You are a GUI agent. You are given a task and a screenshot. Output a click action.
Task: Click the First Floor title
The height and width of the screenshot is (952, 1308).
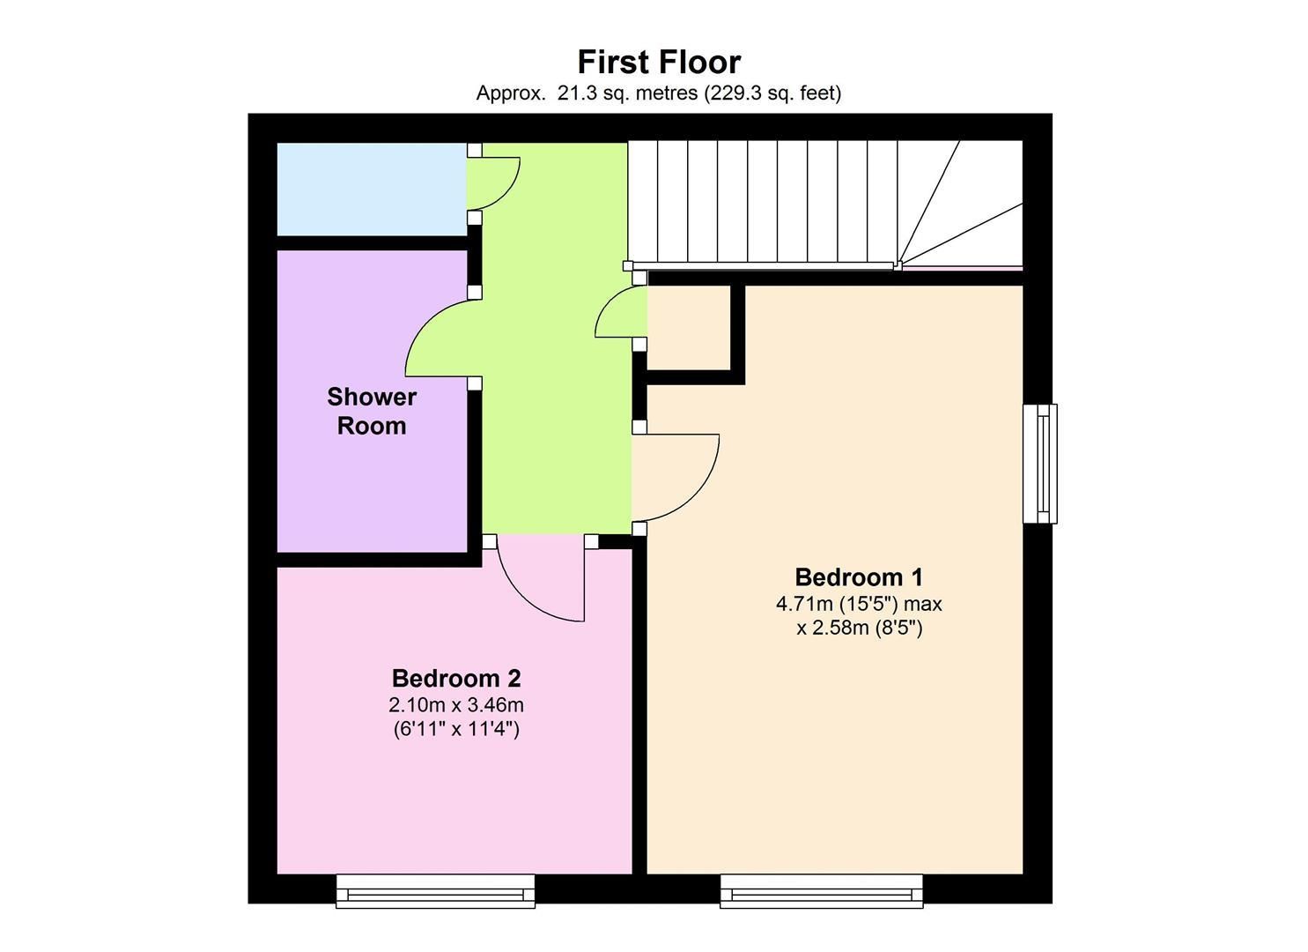658,62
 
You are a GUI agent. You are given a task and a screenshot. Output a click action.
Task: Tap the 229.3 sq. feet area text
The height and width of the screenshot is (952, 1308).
772,93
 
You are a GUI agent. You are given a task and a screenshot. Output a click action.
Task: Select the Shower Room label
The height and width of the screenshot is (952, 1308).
371,411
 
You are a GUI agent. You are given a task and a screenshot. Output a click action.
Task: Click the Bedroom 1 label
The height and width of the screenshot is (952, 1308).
858,577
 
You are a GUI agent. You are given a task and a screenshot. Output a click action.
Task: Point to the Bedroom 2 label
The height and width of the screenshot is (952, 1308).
455,679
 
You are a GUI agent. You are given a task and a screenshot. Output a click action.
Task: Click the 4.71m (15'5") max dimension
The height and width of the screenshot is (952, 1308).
858,604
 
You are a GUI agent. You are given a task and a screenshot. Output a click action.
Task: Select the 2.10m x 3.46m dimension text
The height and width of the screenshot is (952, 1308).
455,705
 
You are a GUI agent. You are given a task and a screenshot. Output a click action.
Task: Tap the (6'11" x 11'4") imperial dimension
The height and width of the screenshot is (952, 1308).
455,729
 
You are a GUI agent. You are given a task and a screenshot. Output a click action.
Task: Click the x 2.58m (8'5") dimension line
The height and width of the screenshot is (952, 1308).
858,628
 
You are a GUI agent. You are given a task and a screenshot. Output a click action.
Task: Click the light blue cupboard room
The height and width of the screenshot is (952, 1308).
371,189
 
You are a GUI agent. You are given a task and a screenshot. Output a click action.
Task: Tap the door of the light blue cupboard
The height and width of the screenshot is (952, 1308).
493,181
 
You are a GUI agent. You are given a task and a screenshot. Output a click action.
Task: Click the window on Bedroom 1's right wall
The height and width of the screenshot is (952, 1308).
1040,464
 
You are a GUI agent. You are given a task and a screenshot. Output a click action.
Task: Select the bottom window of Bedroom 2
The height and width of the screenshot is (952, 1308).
435,891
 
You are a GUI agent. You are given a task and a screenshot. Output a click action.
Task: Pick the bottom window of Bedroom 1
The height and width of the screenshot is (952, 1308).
821,891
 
